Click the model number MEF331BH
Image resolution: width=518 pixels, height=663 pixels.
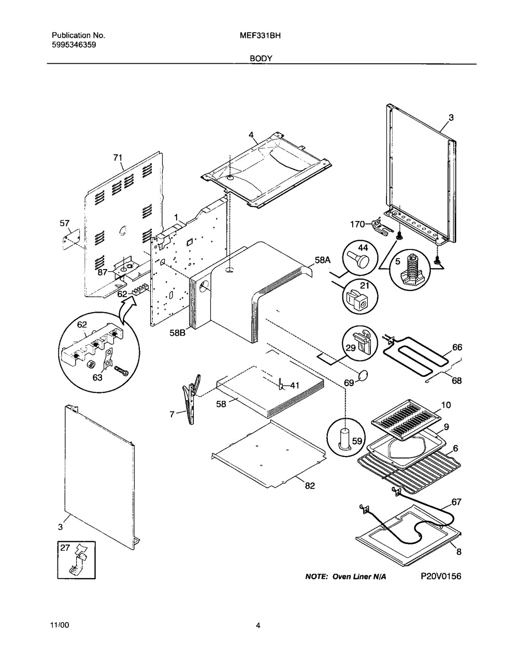pos(260,36)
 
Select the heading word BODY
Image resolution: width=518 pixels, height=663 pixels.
pos(261,58)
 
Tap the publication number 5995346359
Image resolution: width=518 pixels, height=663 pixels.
pos(74,45)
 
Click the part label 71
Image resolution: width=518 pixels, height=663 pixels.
pos(118,158)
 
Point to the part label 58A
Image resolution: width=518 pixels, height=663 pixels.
pos(323,260)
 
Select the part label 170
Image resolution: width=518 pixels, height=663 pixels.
pos(357,224)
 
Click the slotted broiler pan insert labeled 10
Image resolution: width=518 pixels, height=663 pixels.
pos(406,421)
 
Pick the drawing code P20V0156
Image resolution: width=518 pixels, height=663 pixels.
pos(441,576)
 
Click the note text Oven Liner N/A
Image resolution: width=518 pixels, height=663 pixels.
pos(359,577)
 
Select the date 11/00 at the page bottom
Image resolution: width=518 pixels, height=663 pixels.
pos(60,625)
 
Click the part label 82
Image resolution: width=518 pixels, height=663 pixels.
pos(310,485)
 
